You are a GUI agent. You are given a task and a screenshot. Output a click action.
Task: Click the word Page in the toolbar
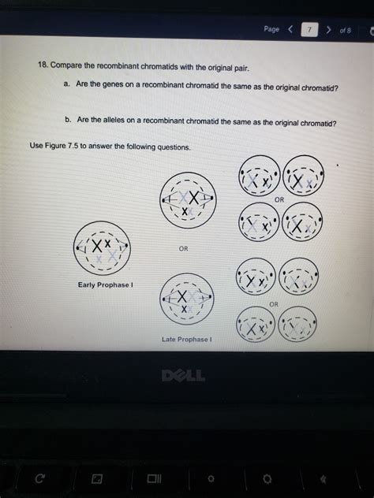[x=271, y=29]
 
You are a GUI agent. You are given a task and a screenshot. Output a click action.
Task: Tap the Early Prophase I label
[x=104, y=284]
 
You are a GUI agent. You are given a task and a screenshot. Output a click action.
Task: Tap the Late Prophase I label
[x=185, y=339]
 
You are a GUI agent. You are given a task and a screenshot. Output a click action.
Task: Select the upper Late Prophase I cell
[x=186, y=199]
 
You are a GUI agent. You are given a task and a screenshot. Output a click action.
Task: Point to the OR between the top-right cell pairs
[x=279, y=200]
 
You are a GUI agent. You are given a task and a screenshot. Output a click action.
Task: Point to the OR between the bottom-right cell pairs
[x=274, y=303]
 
